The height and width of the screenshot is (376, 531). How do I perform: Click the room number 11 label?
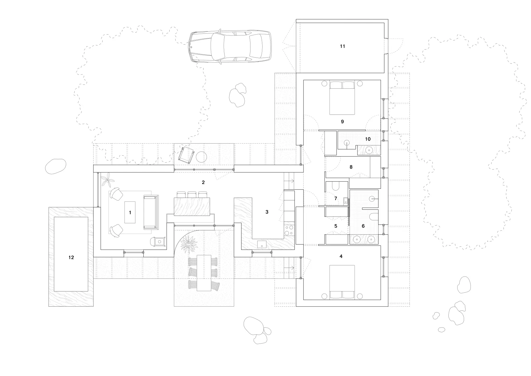(342, 46)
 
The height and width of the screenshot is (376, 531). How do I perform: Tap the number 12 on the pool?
(71, 258)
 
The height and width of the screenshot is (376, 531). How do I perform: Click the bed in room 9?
(342, 98)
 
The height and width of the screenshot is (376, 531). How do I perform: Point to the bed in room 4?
(342, 282)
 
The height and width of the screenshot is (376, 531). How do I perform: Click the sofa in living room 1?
(151, 212)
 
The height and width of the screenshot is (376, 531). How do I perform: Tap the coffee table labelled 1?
(130, 212)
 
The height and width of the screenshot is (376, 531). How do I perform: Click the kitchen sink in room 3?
(262, 244)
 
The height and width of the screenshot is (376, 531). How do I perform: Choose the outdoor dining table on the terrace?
(203, 272)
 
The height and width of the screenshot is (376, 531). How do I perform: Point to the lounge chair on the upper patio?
(186, 154)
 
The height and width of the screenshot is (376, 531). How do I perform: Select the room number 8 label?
(351, 167)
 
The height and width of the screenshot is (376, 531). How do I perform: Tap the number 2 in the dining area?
(203, 183)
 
